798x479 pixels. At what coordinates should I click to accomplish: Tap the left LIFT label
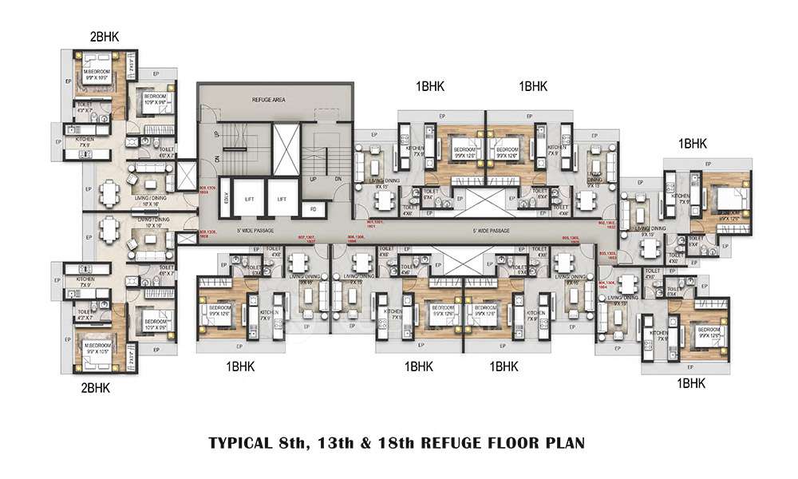(249, 199)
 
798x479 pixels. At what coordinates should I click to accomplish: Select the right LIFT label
(282, 199)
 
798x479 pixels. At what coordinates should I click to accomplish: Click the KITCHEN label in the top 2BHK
(87, 139)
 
